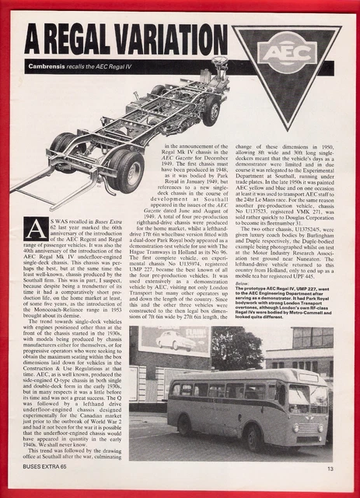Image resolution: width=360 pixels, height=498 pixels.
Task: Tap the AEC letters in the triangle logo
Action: click(285, 54)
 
